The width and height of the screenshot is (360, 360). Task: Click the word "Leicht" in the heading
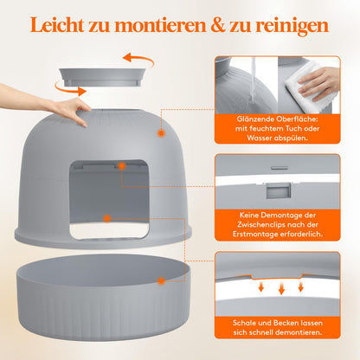pos(57,25)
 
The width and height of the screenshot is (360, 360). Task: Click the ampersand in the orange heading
pos(218,25)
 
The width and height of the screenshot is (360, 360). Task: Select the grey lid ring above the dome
pos(102,77)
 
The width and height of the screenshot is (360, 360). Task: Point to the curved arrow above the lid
pos(138,59)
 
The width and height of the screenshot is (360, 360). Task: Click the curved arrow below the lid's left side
pos(69,89)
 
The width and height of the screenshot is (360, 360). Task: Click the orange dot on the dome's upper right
pos(161,133)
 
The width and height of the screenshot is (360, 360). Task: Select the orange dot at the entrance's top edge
pos(122,166)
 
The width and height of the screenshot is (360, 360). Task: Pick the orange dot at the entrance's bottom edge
pos(107,218)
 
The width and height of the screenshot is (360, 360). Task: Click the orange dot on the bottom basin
pos(161,280)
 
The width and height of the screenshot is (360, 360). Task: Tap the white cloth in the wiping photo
pos(305,87)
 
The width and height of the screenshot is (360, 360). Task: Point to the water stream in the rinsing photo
pos(253,80)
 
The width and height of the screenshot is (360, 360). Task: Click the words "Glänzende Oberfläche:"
pos(277,119)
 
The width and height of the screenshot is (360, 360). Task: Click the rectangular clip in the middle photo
pos(279,190)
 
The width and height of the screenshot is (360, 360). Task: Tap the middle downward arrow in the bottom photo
pos(281,288)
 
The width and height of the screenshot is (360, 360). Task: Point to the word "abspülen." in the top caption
pos(291,138)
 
